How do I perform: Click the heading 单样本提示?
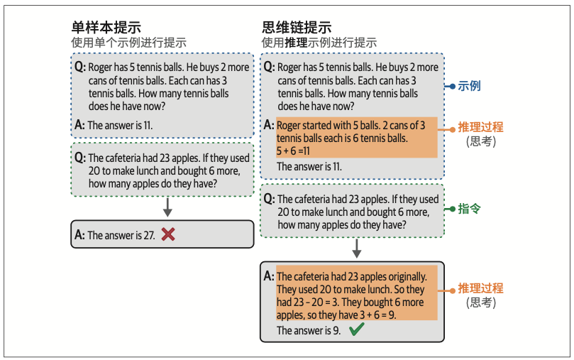106,27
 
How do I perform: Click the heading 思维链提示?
297,27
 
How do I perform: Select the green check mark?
357,329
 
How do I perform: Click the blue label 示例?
469,86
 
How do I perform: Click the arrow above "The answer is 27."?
168,207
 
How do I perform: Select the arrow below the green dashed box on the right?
357,249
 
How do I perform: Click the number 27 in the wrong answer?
149,235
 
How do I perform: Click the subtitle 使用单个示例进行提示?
117,43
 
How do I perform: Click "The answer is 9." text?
309,330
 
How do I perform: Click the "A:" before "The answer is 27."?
79,235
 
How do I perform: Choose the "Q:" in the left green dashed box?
79,158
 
